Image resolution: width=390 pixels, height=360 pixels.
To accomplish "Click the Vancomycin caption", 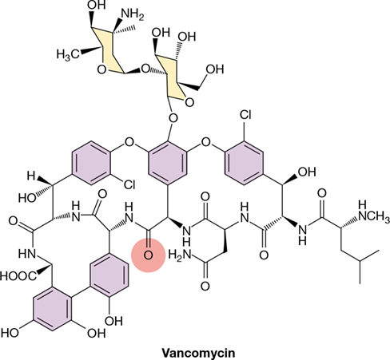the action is (198, 354).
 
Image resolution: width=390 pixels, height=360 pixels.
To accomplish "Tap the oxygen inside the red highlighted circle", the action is (148, 255).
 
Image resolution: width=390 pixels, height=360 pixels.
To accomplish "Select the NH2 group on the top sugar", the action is (133, 14).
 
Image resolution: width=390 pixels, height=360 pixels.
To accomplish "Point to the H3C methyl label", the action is (68, 54).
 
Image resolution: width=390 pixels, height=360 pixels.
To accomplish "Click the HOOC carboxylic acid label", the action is (18, 276).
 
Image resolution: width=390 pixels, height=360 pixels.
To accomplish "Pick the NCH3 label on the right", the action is (374, 216).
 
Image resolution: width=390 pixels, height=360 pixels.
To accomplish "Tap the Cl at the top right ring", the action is (245, 115).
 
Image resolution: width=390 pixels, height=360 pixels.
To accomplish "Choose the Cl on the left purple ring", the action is (129, 184).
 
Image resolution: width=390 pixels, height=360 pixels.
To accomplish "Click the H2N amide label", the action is (180, 255).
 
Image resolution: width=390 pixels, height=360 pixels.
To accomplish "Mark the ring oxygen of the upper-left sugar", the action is (101, 70).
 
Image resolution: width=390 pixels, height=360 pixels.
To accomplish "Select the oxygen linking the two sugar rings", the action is (145, 69).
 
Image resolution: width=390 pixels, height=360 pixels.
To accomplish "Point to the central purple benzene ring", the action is (168, 163).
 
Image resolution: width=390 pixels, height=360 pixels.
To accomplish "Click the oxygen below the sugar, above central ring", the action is (173, 117).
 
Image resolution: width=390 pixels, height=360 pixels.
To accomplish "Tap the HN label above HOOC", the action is (27, 254).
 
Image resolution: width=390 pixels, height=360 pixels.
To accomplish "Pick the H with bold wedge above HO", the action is (31, 176).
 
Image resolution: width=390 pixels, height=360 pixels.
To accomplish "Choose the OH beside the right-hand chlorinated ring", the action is (307, 172).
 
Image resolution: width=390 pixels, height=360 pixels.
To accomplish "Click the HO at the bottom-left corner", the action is (10, 333).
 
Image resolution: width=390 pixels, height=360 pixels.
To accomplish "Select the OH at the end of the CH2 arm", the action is (215, 69).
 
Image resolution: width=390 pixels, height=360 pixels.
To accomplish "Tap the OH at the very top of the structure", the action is (97, 5).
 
